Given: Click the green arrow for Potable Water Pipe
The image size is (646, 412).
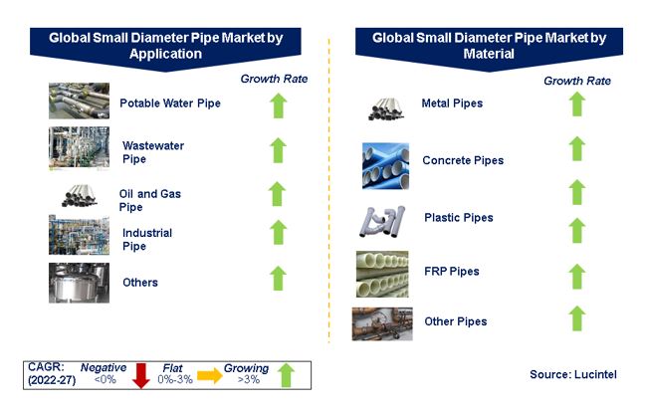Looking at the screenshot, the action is click(x=279, y=105).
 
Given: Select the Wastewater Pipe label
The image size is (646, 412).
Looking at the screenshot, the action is click(x=153, y=152).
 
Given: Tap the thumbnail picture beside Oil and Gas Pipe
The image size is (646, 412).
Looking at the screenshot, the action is click(x=80, y=195).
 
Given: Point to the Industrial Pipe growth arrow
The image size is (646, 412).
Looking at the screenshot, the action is click(x=279, y=232).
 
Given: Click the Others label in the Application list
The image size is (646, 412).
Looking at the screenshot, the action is click(x=140, y=283).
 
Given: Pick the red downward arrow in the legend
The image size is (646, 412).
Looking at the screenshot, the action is click(x=141, y=376).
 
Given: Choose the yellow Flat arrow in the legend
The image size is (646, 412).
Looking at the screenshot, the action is click(x=210, y=375).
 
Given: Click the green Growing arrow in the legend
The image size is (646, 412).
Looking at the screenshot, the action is click(x=286, y=375).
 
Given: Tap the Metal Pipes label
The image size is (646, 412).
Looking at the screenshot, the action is click(x=452, y=103).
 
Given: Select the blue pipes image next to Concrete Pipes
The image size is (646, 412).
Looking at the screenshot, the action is click(x=385, y=166).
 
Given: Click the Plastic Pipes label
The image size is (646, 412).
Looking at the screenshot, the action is click(x=459, y=217).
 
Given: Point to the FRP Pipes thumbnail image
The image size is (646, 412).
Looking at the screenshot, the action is click(x=382, y=274).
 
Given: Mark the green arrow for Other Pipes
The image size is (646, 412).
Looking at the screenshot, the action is click(x=577, y=318).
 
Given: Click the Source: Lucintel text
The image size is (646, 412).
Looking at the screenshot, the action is click(x=573, y=374).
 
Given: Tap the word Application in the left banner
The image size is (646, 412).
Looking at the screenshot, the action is click(x=165, y=54).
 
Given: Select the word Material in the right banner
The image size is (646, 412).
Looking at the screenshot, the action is click(x=489, y=54).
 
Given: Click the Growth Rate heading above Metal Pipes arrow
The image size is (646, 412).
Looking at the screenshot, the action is click(x=577, y=81).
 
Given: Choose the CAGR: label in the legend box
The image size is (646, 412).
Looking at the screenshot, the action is click(x=46, y=366).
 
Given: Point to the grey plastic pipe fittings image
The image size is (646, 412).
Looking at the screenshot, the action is click(x=382, y=222).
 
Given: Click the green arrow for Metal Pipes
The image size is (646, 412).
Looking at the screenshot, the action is click(x=577, y=103).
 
